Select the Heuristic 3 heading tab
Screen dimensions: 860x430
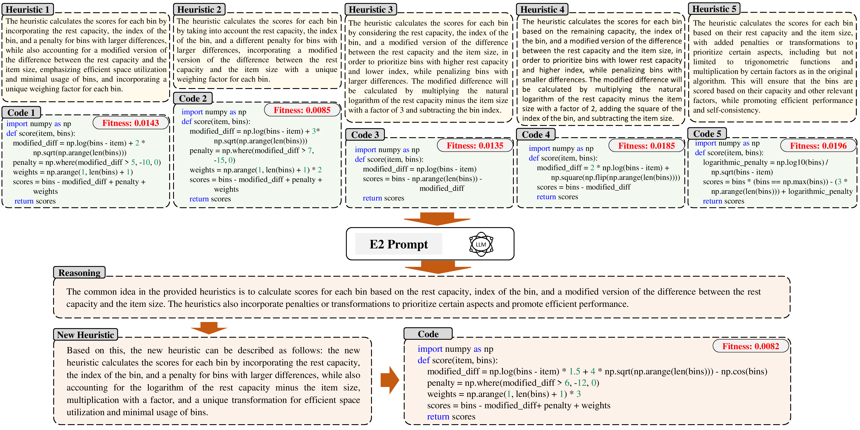pos(371,9)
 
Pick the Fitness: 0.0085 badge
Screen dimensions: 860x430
pos(302,110)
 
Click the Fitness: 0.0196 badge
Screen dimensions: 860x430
pos(818,145)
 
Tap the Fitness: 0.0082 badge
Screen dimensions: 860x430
pos(751,346)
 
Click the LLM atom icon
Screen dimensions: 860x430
pos(481,244)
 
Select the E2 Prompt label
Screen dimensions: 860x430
pos(399,244)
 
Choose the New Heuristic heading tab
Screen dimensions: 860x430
pos(86,334)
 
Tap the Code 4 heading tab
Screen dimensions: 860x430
pos(536,135)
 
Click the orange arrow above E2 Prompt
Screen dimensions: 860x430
pos(437,219)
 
